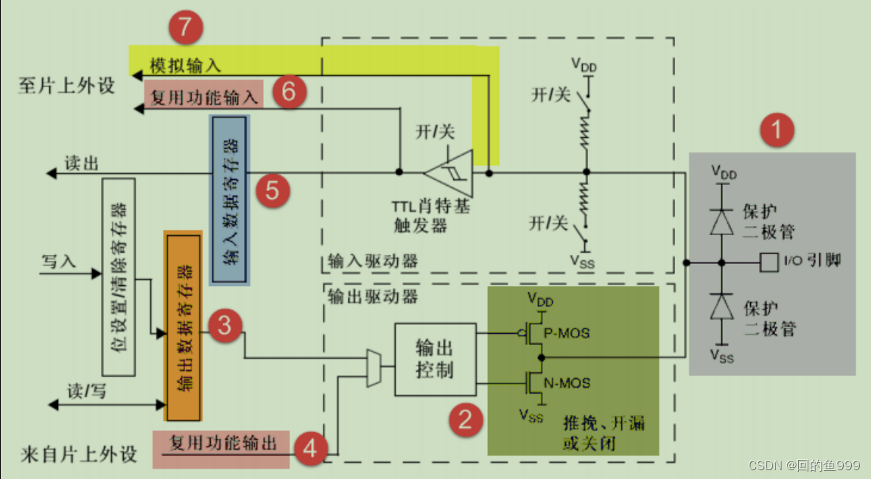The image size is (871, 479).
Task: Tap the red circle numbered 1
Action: (x=777, y=132)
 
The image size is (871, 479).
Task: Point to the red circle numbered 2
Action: (x=466, y=419)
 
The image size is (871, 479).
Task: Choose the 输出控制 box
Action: (x=435, y=358)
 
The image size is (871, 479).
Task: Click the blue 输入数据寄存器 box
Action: (x=230, y=200)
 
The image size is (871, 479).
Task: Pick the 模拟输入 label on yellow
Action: (x=185, y=65)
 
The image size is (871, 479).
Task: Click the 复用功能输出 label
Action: (x=223, y=443)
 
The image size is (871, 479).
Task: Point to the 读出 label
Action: (x=82, y=163)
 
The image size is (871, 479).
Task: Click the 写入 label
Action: (x=59, y=262)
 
